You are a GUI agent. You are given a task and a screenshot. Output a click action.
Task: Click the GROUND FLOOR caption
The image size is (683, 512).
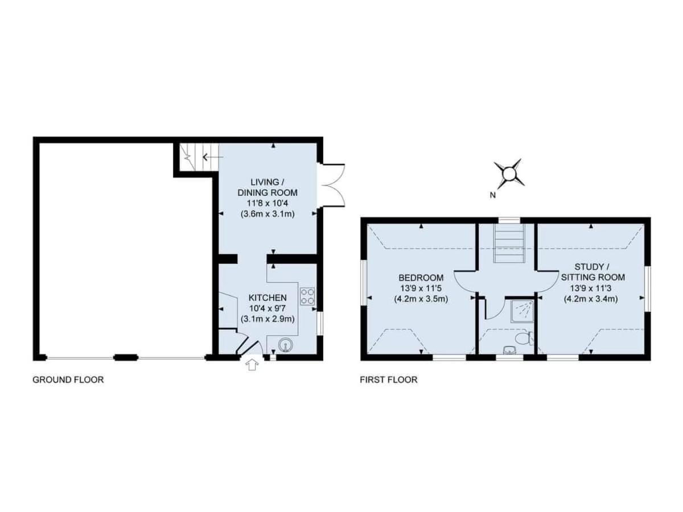point(68,379)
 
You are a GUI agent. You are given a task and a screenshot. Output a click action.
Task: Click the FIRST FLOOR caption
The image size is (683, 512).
point(389,379)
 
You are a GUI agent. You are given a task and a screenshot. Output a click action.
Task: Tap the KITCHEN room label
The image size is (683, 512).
point(268,298)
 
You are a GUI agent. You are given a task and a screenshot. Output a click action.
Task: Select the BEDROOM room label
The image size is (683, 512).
point(421,277)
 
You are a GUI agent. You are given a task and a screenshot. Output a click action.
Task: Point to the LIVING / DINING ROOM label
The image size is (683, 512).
point(268,187)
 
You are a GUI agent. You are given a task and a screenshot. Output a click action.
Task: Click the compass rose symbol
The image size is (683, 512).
point(509,174)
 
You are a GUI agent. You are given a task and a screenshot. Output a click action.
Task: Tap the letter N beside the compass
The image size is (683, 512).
point(492,195)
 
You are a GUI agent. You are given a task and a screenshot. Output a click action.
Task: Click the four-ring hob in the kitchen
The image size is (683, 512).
point(307,296)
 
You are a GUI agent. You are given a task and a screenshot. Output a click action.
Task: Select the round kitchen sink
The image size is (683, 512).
point(285,345)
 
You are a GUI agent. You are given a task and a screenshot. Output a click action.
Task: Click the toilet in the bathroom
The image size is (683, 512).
point(524,338)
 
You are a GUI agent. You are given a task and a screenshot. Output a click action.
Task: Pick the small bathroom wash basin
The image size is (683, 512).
point(509,350)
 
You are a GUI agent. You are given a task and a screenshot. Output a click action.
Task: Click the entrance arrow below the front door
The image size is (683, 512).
point(252,365)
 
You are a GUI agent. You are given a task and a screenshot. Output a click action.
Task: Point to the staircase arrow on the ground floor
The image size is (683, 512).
point(213,158)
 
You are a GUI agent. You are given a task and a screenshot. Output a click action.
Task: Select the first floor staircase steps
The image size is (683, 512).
point(509,243)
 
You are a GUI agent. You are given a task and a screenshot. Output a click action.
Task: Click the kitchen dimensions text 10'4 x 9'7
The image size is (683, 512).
point(268,309)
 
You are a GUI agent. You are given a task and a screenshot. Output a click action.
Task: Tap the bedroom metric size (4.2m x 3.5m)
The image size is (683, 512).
point(421,299)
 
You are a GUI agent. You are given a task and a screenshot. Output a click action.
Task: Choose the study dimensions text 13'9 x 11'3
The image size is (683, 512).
point(591,288)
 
